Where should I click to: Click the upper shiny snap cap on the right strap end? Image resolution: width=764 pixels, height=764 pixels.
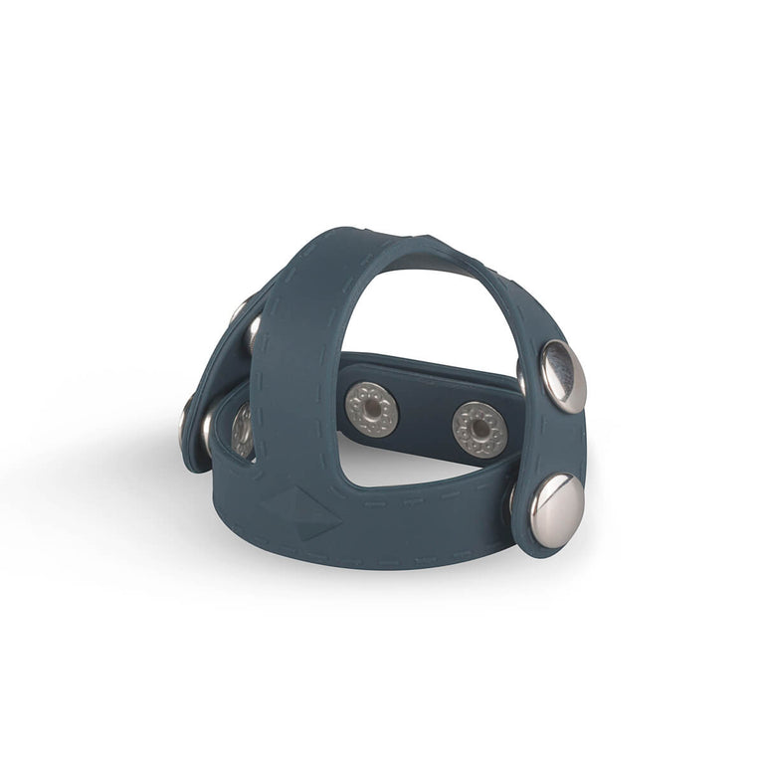pyautogui.click(x=562, y=375)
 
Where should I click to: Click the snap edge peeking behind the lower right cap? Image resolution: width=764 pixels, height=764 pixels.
pyautogui.click(x=514, y=497)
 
